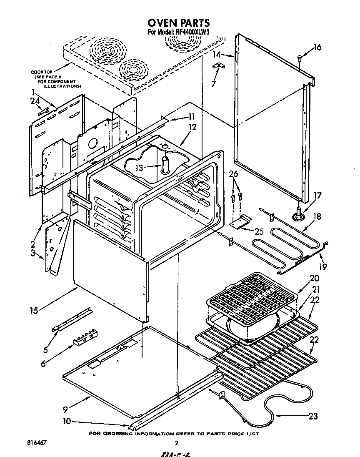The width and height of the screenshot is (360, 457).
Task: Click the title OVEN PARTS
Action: [x=178, y=23]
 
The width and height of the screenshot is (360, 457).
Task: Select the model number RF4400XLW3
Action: [x=192, y=33]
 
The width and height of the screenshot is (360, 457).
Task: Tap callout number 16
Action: [x=317, y=47]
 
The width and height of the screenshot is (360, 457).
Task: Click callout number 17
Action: [x=317, y=195]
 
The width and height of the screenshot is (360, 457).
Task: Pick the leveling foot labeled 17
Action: [x=299, y=214]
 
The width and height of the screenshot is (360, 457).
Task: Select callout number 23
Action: [x=313, y=416]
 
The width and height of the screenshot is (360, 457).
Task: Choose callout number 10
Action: [x=67, y=421]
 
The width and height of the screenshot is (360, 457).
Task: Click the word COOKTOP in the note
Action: [x=40, y=72]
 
